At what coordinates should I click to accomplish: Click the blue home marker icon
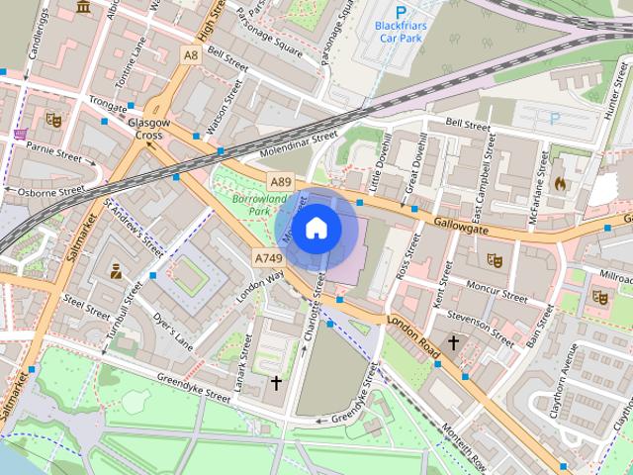[316, 228]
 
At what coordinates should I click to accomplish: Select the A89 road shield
[282, 182]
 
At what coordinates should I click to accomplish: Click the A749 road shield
[267, 257]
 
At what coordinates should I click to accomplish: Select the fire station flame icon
[559, 183]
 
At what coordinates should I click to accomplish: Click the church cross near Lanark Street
[276, 381]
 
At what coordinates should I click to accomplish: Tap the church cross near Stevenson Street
[453, 342]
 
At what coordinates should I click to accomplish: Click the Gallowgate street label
[463, 226]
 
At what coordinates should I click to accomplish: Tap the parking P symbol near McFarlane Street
[554, 118]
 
